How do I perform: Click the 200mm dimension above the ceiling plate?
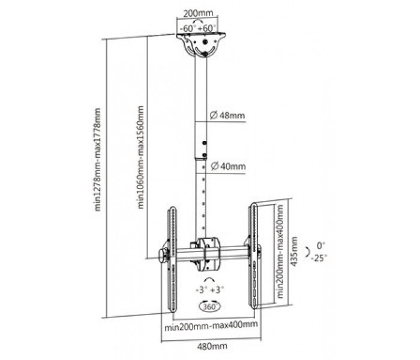(x=198, y=13)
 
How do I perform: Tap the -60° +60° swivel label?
(x=198, y=28)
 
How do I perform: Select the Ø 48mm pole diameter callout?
(x=227, y=115)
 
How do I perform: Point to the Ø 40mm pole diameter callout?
(x=228, y=166)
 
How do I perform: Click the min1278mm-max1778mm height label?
(x=98, y=160)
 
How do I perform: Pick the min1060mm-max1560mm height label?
(x=140, y=157)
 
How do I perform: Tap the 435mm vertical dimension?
(x=294, y=251)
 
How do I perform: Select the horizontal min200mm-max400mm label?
(x=211, y=325)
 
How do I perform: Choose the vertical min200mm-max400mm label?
(x=280, y=251)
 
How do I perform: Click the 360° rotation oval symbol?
(x=210, y=306)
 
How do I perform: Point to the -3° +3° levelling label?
(x=210, y=290)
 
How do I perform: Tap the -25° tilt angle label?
(x=319, y=258)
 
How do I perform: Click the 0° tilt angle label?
(x=320, y=245)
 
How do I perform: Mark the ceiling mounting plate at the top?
(x=201, y=44)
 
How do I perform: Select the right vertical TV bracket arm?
(x=253, y=256)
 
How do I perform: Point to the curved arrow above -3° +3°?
(x=209, y=279)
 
